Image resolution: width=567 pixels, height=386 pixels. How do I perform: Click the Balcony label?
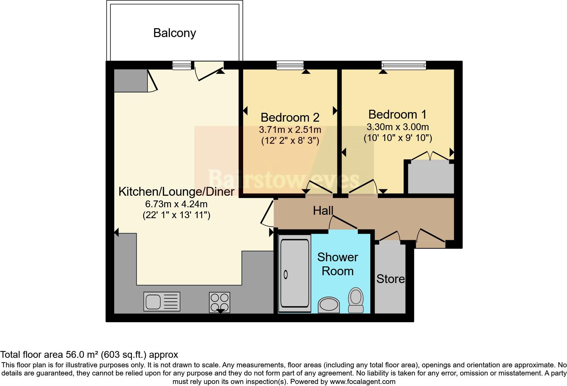175,33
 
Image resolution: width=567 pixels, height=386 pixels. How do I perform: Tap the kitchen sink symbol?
162,301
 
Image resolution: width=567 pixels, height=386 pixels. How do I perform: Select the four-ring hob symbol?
219,302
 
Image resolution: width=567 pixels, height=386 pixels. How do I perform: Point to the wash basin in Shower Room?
329,304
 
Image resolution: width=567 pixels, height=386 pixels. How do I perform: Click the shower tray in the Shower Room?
294,274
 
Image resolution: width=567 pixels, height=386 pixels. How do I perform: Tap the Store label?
390,279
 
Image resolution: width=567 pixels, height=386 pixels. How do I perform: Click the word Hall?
323,211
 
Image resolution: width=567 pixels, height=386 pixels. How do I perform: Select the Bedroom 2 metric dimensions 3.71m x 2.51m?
290,130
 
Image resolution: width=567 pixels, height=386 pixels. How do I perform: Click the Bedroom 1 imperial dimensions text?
397,138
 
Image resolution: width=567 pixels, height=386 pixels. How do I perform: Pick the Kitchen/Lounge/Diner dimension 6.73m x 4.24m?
176,204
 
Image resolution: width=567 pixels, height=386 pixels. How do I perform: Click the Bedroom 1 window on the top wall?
404,65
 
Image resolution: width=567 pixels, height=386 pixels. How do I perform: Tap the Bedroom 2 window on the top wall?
290,65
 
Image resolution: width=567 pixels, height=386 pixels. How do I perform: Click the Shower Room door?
343,224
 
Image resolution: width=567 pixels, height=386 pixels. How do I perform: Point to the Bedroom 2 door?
319,188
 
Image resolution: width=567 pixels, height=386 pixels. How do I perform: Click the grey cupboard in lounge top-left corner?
131,81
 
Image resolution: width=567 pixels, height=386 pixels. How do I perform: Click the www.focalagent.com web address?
363,382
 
